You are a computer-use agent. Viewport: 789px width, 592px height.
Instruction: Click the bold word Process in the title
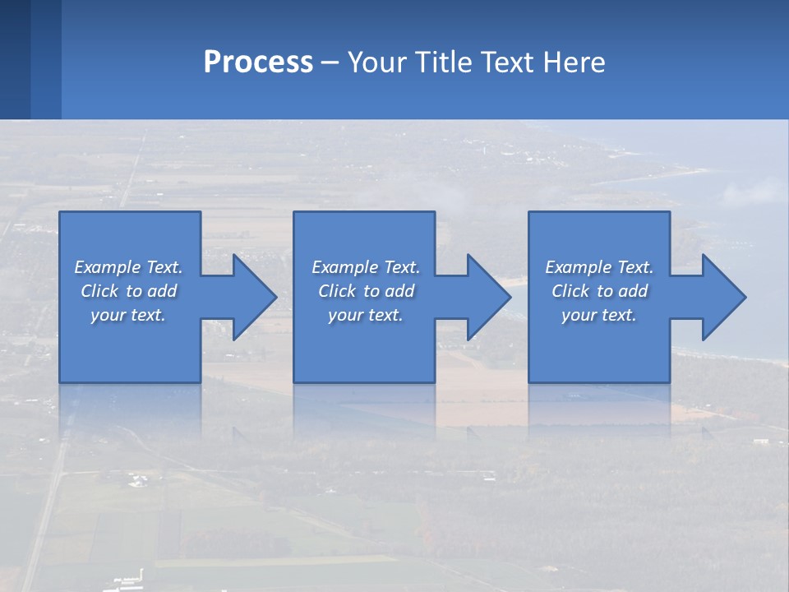[258, 62]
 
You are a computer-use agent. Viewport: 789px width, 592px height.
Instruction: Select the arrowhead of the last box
[722, 297]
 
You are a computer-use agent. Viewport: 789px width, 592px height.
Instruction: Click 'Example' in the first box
[108, 267]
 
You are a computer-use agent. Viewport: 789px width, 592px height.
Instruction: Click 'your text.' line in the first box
[128, 315]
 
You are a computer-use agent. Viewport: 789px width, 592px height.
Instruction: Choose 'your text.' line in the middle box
[366, 315]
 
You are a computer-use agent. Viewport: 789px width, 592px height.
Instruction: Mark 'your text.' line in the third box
[599, 315]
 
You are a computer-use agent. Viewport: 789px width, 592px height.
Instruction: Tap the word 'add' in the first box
[162, 291]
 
